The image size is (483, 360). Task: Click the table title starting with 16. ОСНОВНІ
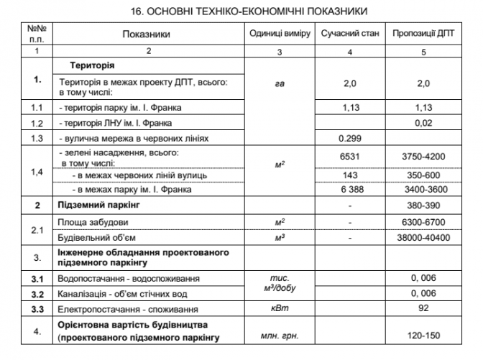click(241, 11)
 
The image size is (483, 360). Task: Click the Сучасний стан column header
click(349, 34)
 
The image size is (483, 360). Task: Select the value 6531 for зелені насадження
click(349, 157)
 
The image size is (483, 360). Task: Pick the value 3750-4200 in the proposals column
click(423, 157)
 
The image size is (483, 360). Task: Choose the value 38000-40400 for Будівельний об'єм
click(423, 238)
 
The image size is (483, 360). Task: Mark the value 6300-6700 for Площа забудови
click(423, 221)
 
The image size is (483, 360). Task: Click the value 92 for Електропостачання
click(423, 310)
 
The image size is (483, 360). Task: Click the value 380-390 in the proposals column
click(423, 206)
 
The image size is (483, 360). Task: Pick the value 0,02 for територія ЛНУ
click(423, 122)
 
